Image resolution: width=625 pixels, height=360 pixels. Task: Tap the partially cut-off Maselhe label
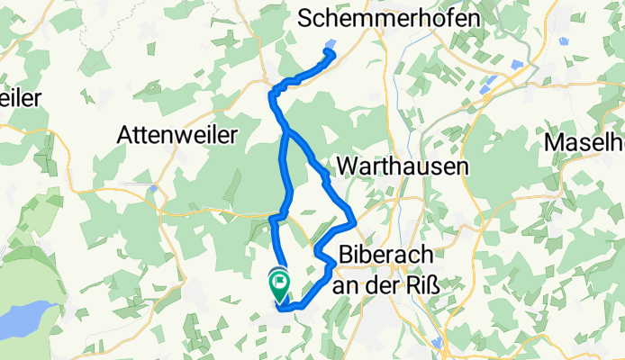point(584,142)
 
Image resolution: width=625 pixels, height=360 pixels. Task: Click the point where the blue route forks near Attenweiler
point(287,133)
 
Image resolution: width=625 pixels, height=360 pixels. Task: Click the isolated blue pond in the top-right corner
point(564,41)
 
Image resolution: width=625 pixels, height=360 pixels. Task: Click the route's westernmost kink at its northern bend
point(272,93)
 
